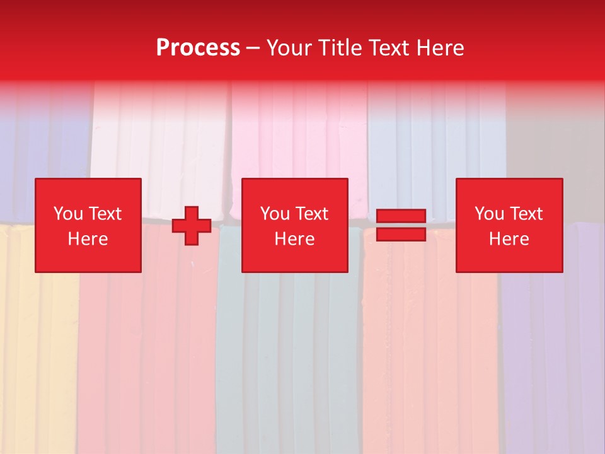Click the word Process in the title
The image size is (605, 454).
pos(198,48)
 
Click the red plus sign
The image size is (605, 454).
pos(192,226)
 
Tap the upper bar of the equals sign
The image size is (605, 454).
pos(401,216)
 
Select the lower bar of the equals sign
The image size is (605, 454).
pos(401,234)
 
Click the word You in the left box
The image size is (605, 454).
pos(68,214)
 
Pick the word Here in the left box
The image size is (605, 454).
pos(88,239)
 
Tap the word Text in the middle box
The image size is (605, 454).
pos(311,214)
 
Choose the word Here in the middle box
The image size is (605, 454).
pos(294,239)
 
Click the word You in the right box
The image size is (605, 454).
pos(489,214)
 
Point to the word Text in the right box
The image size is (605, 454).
pos(526,214)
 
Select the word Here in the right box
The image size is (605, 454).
pos(509,239)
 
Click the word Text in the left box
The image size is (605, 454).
pos(105,214)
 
